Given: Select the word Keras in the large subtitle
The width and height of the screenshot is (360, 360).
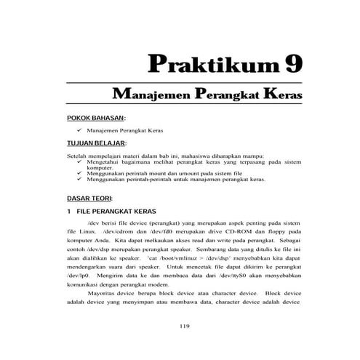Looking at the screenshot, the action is coord(279,95).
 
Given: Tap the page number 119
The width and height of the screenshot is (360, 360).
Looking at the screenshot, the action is coord(183,326).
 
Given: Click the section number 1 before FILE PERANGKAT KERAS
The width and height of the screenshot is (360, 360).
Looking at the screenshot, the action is coord(68,211).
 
